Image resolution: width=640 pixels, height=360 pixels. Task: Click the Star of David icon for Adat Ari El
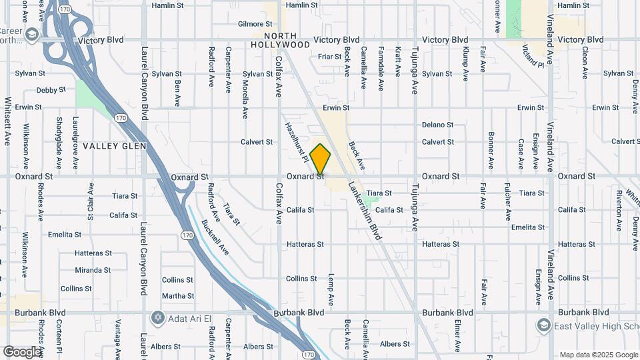pyautogui.click(x=157, y=316)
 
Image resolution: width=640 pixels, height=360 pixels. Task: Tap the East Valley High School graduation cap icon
pyautogui.click(x=543, y=325)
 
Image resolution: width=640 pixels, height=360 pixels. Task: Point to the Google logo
pyautogui.click(x=22, y=352)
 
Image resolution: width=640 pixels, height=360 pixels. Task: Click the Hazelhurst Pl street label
pyautogui.click(x=295, y=142)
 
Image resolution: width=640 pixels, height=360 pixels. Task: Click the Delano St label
pyautogui.click(x=437, y=125)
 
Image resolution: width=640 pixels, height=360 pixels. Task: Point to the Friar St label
pyautogui.click(x=329, y=57)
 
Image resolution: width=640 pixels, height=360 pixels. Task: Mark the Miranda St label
pyautogui.click(x=93, y=270)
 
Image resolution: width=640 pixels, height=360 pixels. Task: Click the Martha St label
pyautogui.click(x=177, y=296)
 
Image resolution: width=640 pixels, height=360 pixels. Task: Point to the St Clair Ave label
pyautogui.click(x=91, y=199)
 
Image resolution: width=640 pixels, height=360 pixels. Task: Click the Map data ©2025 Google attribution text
pyautogui.click(x=599, y=355)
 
